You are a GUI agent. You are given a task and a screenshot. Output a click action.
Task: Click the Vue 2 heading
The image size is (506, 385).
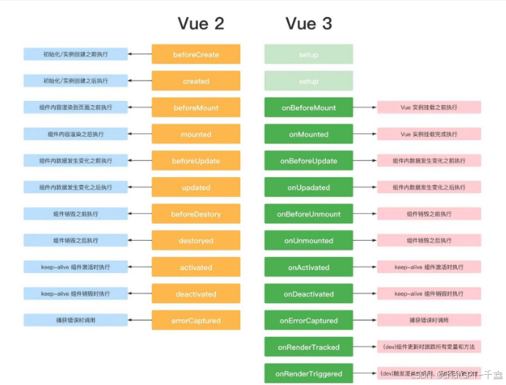[x=201, y=23]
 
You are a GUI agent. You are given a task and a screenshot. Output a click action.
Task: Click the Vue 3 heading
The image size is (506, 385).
[x=308, y=23]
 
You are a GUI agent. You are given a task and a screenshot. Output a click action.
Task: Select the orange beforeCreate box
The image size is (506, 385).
[x=196, y=54]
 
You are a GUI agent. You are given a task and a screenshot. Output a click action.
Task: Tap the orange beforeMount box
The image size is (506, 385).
[x=196, y=108]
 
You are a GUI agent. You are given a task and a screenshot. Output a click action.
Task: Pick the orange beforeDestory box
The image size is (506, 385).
[x=196, y=214]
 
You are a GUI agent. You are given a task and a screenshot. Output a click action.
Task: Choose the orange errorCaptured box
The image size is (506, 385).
[x=196, y=320]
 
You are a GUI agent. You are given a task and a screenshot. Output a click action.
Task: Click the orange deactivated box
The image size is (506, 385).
[x=196, y=294]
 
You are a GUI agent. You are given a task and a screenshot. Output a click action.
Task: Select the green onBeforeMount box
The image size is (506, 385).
[x=308, y=108]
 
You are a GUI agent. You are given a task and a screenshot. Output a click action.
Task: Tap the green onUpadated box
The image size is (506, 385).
[x=308, y=187]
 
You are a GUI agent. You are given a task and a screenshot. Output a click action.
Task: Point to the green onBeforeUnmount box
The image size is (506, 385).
[x=308, y=214]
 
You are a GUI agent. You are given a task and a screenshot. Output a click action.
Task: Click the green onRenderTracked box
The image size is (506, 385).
[x=308, y=347]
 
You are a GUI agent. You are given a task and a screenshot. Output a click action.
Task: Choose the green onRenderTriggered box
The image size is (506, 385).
[x=308, y=373]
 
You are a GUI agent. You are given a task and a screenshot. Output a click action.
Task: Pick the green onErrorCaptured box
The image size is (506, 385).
[x=308, y=320]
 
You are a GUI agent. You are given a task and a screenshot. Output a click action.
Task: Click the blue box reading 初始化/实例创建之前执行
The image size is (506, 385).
[x=75, y=54]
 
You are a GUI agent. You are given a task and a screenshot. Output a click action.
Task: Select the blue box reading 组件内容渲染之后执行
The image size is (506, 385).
[x=75, y=134]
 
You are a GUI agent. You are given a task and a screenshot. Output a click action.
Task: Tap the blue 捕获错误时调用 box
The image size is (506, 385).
[x=75, y=320]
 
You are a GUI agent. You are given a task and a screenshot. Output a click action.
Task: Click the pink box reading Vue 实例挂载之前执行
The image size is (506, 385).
[x=428, y=108]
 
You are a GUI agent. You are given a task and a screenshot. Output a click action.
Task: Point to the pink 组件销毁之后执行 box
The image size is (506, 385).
[x=428, y=241]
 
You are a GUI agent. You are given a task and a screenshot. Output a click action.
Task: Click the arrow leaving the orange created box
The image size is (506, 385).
[x=140, y=81]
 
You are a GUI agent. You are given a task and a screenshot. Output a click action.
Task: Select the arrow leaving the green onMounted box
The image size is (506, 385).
[x=365, y=134]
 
